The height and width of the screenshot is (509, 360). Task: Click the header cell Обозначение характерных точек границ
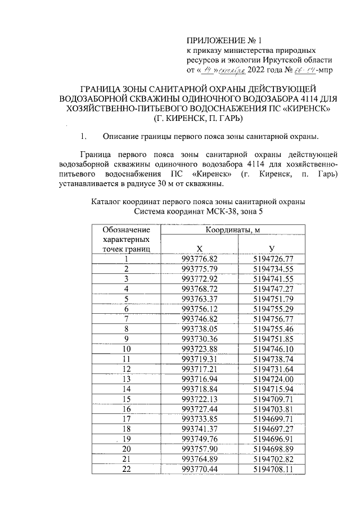tap(127, 239)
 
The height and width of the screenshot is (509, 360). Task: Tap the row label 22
tap(127, 469)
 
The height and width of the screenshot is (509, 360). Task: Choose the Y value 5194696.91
tap(273, 438)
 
